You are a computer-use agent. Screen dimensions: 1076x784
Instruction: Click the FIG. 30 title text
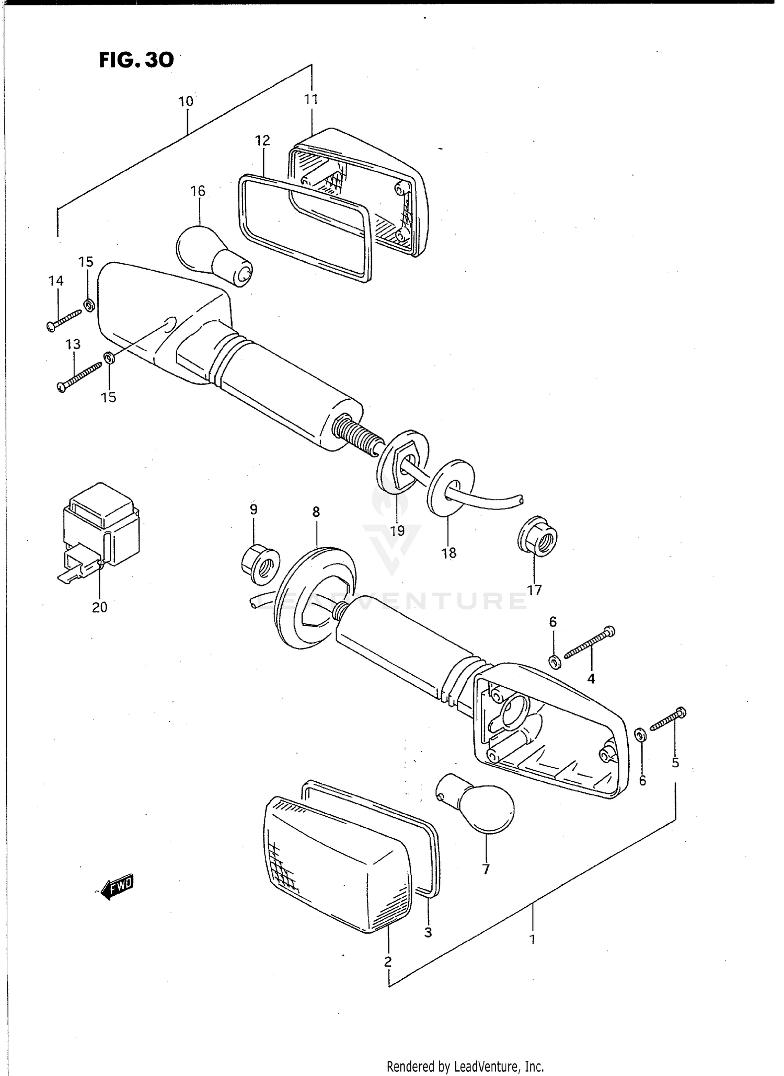tap(136, 60)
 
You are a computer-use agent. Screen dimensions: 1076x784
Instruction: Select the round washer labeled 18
tap(451, 487)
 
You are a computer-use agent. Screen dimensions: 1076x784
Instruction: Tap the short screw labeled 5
tap(668, 719)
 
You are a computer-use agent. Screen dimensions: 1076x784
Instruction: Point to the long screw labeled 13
tap(79, 377)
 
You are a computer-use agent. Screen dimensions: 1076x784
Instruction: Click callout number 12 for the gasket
tap(262, 140)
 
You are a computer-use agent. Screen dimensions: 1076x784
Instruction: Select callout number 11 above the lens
tap(311, 99)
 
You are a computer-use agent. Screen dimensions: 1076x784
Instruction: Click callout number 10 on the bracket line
tap(186, 101)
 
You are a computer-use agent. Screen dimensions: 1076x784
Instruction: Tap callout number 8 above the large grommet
tap(316, 512)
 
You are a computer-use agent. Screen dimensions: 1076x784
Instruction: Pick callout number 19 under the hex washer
tap(397, 531)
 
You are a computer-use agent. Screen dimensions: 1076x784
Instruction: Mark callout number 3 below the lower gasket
tap(428, 932)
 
